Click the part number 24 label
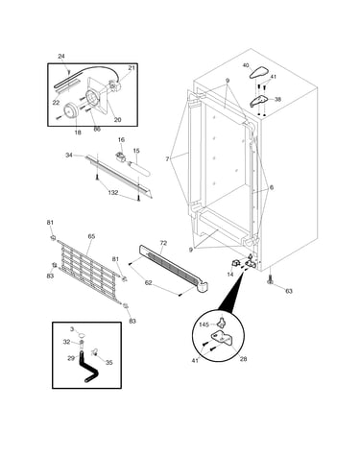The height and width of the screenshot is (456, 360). (61, 57)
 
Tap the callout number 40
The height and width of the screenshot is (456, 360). (246, 65)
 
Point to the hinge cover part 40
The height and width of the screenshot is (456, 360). (259, 72)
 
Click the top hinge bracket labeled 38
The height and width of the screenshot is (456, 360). (259, 101)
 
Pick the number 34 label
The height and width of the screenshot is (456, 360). (69, 156)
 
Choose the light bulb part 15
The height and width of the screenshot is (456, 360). (139, 169)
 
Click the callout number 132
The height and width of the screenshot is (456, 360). (113, 193)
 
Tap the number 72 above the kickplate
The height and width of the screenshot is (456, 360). (163, 243)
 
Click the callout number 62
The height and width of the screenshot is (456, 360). (149, 283)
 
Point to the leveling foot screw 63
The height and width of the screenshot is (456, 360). (271, 280)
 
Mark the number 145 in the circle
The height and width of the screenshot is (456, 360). (204, 324)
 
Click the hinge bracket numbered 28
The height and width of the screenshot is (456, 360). (223, 338)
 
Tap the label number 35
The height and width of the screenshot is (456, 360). (109, 363)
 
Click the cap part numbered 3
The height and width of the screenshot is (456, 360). (83, 335)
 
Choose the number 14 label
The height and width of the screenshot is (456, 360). (230, 275)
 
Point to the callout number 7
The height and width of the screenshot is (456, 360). (167, 158)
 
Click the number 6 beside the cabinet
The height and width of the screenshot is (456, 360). (272, 188)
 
